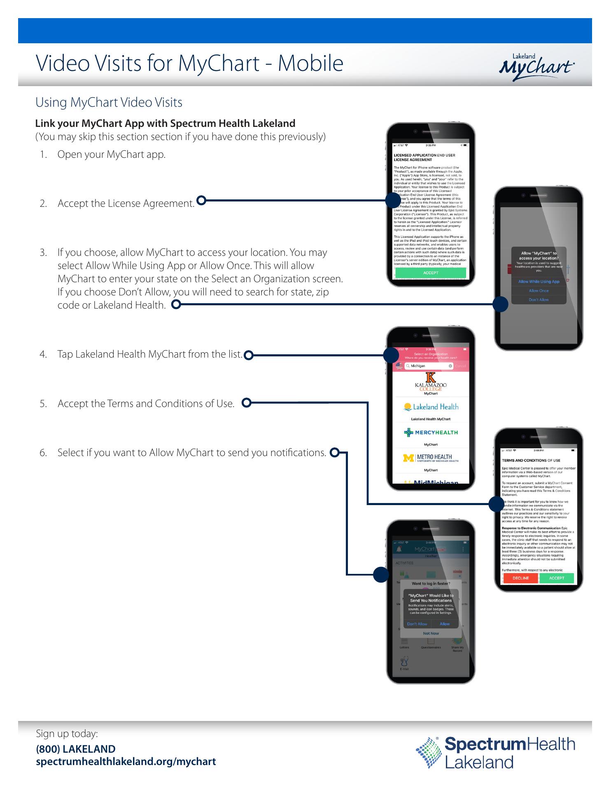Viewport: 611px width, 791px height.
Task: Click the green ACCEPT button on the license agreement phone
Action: [431, 273]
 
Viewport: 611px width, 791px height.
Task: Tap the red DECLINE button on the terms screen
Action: [520, 578]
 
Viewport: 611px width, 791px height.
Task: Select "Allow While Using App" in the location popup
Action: [539, 282]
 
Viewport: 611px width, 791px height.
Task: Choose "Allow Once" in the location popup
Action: [539, 291]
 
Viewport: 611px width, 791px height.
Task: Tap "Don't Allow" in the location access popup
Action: [539, 300]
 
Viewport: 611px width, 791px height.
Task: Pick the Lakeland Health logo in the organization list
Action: [431, 407]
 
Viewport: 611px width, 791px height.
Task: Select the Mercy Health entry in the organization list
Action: [431, 433]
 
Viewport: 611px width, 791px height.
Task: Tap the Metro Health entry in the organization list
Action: [431, 458]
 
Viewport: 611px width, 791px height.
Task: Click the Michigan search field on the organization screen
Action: [429, 366]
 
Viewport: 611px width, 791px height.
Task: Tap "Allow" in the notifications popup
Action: [444, 624]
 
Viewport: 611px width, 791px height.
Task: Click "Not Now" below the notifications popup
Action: [431, 634]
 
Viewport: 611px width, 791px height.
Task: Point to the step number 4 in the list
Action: [43, 354]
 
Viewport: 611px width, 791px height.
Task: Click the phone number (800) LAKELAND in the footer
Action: [76, 749]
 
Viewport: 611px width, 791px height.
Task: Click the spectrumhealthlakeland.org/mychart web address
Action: [126, 761]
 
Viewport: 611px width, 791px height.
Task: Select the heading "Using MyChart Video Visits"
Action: [109, 102]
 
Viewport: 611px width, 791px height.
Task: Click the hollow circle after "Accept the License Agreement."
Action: [201, 201]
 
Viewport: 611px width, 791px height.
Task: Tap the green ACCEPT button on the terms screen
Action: [557, 578]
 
